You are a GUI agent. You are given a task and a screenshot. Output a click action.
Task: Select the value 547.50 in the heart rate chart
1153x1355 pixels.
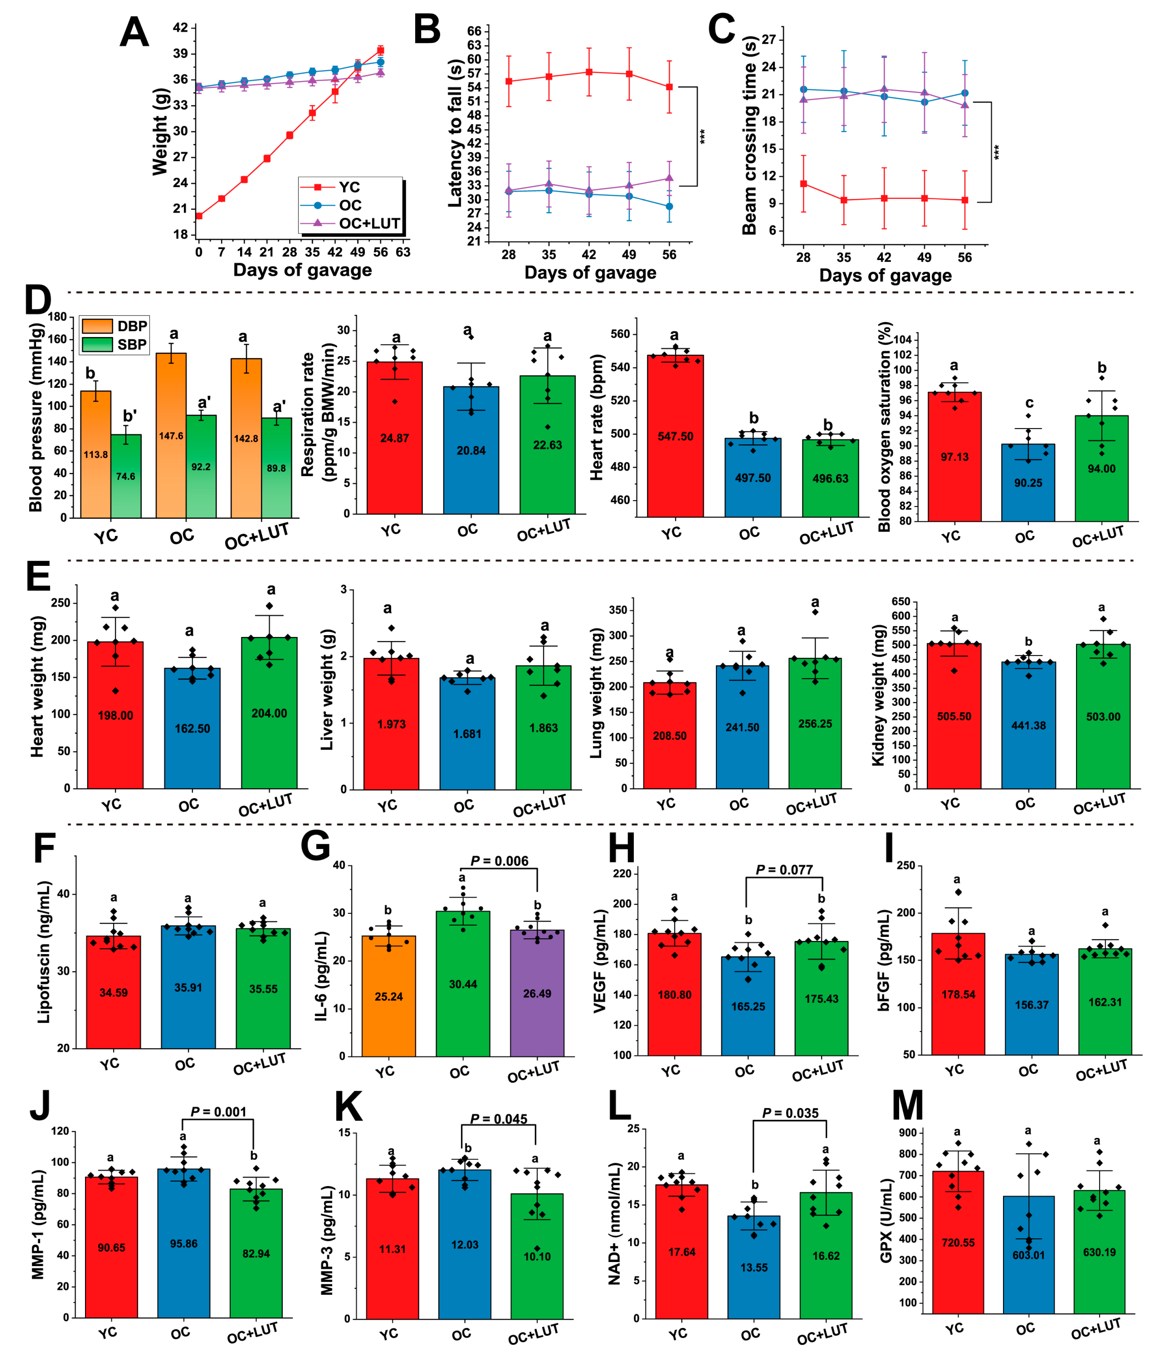click(x=675, y=436)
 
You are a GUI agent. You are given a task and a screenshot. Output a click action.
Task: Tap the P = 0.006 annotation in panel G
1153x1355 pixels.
click(x=500, y=861)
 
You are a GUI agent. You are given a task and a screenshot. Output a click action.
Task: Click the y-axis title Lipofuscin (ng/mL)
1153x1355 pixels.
click(x=43, y=952)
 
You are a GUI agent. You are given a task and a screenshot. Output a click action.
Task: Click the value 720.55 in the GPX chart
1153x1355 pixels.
click(x=957, y=1243)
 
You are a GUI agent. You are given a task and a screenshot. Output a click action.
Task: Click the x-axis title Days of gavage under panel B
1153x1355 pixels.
click(x=590, y=273)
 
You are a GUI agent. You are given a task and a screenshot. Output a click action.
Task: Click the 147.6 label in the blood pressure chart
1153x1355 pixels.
click(x=171, y=436)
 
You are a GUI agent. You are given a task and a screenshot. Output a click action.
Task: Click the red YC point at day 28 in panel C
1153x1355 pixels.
click(x=803, y=184)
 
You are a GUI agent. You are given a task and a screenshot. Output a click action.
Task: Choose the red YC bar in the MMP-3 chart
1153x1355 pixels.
click(x=392, y=1248)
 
